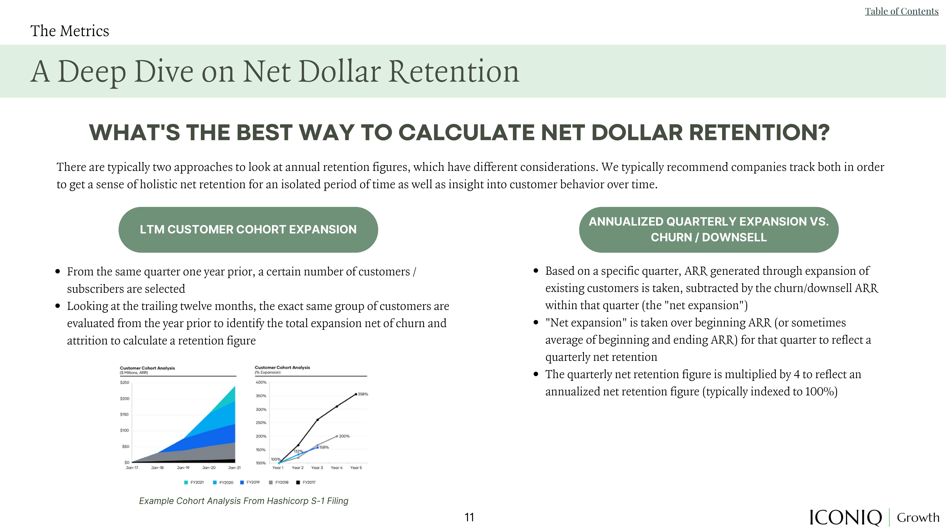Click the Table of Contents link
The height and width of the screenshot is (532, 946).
(902, 11)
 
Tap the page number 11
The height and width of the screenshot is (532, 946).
(469, 517)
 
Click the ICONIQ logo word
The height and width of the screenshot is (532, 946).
(845, 517)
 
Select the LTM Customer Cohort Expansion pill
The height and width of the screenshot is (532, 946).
(248, 230)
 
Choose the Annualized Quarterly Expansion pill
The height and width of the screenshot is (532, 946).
(709, 230)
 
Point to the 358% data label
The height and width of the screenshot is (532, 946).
(363, 394)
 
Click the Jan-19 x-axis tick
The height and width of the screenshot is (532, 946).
(183, 468)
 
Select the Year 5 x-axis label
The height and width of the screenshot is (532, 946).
(356, 468)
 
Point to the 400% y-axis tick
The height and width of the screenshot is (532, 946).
(261, 382)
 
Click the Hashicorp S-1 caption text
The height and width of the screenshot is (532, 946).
(243, 501)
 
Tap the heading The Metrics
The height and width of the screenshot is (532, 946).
(70, 31)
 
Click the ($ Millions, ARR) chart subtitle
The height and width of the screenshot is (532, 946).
(134, 373)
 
